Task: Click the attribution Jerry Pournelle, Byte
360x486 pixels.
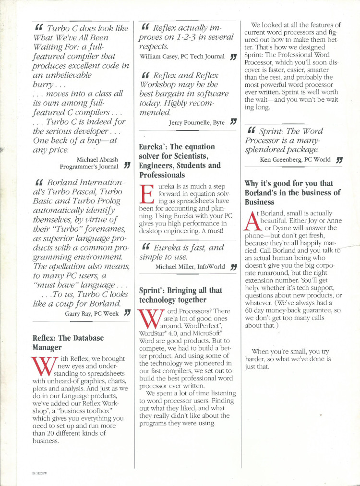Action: pos(197,123)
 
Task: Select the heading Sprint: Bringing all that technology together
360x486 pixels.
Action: pos(180,295)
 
